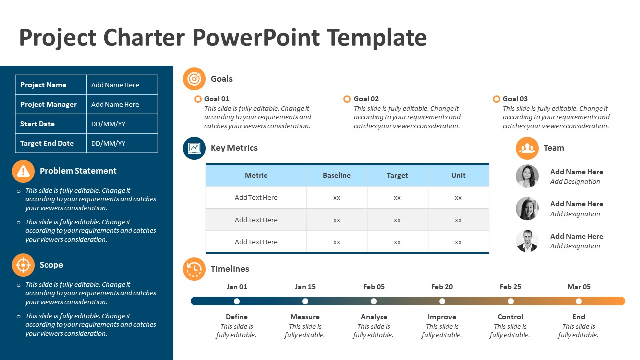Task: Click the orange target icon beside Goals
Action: (194, 79)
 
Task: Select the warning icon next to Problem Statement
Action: (23, 171)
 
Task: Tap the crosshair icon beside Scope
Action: (23, 265)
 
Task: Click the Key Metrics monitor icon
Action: (194, 148)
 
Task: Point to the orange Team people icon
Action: (527, 148)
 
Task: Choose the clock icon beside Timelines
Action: (194, 269)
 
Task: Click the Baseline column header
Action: (336, 175)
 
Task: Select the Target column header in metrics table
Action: (397, 175)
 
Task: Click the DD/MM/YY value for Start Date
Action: (108, 124)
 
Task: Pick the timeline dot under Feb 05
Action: (374, 301)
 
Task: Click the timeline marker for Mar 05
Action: (579, 301)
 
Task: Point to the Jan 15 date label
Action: (305, 287)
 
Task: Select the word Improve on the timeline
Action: (442, 317)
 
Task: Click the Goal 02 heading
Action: (366, 99)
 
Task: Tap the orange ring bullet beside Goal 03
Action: (496, 99)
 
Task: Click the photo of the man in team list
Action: (527, 241)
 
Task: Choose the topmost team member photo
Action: (527, 176)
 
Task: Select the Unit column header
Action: (458, 175)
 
